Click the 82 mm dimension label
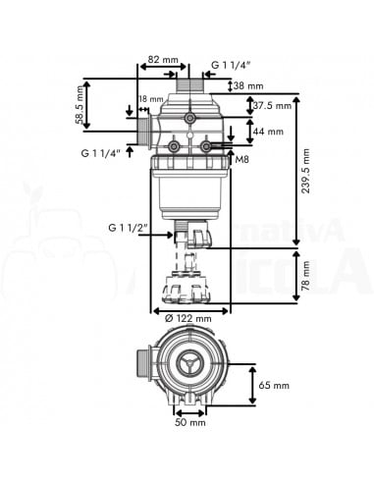(163, 60)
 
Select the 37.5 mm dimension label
(272, 106)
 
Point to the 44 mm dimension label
(268, 132)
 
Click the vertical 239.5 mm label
(305, 171)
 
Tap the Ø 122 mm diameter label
(188, 318)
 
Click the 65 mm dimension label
(274, 385)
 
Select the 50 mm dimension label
(190, 422)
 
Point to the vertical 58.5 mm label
(79, 105)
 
